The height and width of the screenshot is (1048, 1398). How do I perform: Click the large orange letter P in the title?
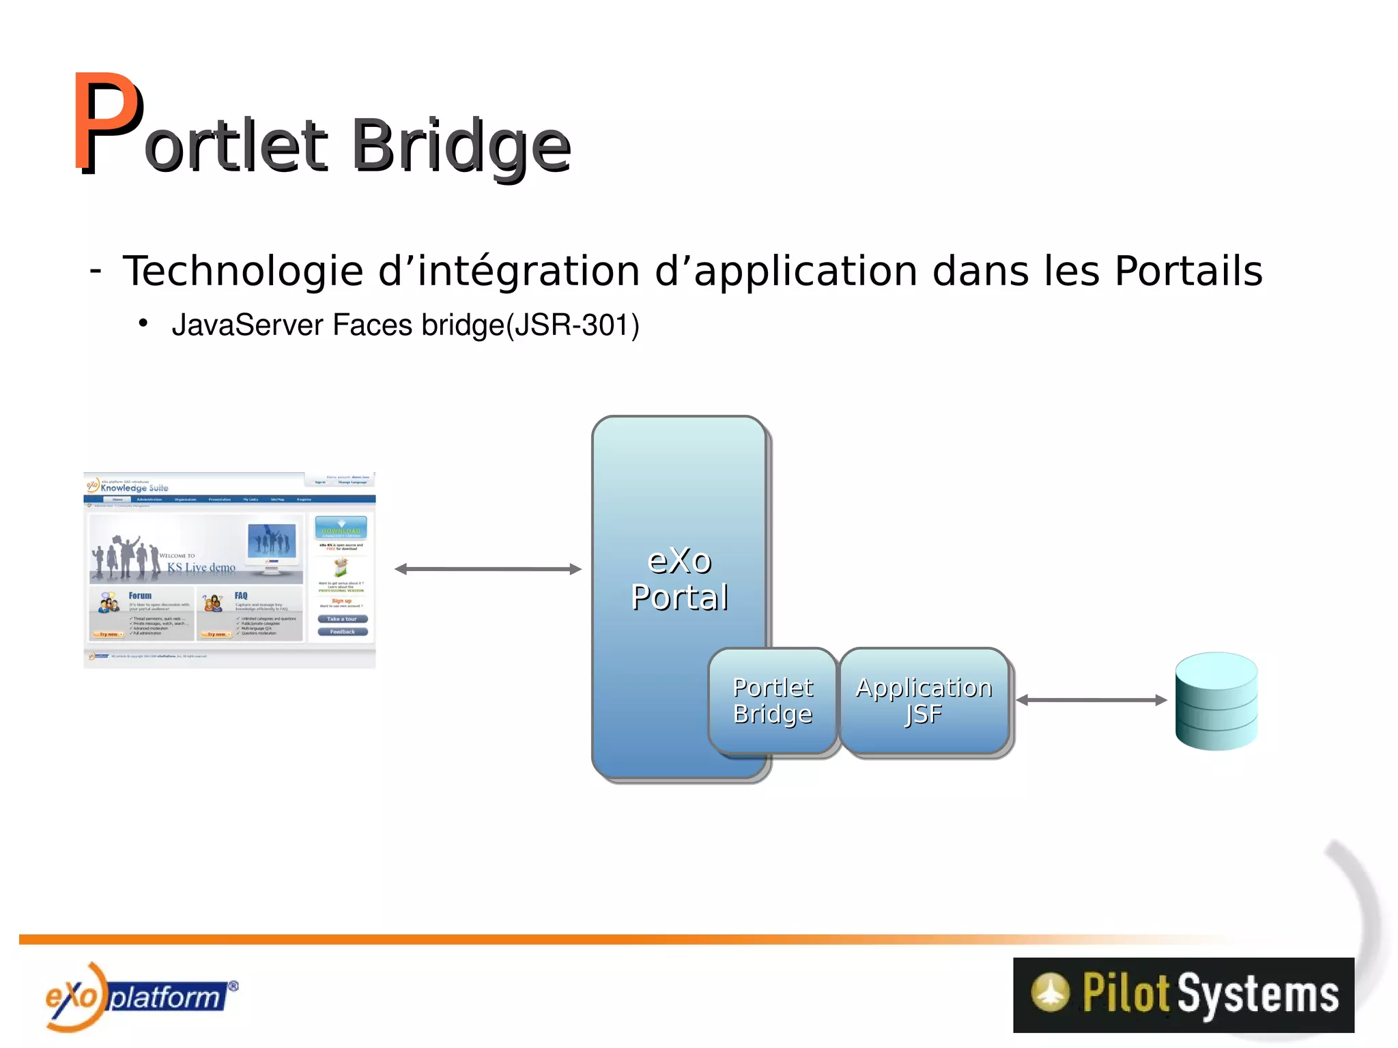[x=107, y=123]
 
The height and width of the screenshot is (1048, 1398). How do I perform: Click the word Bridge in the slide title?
[x=461, y=147]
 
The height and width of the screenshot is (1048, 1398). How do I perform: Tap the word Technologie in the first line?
[x=242, y=272]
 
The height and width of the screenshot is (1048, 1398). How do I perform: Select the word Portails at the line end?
[x=1188, y=272]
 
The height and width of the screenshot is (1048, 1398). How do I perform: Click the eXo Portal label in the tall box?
[x=679, y=579]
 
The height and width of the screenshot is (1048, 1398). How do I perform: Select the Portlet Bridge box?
[x=772, y=701]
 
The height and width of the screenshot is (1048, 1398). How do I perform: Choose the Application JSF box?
[x=924, y=701]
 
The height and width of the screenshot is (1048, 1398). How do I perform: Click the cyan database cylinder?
[x=1216, y=701]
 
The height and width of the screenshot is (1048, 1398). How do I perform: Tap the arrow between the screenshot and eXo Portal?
[x=488, y=569]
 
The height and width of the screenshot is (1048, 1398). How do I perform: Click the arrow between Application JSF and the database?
[x=1091, y=700]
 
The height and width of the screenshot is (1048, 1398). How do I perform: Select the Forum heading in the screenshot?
[x=140, y=596]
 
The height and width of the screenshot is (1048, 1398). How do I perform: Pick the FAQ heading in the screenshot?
[x=241, y=596]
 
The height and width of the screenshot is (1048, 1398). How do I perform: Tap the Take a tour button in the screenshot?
[x=342, y=619]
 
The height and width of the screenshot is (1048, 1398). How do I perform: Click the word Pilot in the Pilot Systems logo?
[x=1126, y=993]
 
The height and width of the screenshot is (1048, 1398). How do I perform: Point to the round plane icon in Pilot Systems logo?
[x=1050, y=992]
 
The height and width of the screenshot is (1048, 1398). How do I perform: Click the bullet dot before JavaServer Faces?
[x=143, y=323]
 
